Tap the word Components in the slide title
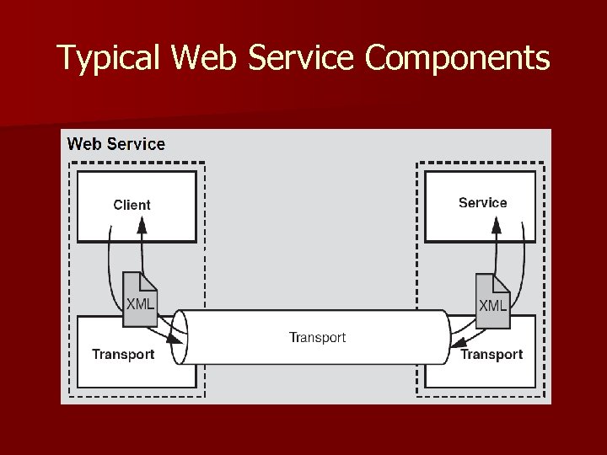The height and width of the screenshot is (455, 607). click(459, 58)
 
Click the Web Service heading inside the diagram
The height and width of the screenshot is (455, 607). click(116, 144)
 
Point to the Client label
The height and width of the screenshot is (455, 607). click(132, 205)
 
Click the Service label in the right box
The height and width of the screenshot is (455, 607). click(482, 203)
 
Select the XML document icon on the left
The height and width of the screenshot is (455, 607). click(140, 299)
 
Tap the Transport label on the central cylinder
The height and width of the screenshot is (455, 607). click(317, 338)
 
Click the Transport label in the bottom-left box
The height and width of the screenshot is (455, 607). click(123, 354)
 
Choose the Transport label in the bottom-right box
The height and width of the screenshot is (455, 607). click(492, 355)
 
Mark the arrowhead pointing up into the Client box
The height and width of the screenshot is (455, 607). click(142, 224)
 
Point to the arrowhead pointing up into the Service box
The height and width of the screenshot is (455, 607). click(497, 224)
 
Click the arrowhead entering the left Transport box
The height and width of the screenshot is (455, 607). click(174, 339)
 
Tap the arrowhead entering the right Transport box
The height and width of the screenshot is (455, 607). click(457, 342)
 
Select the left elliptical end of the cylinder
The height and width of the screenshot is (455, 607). click(179, 337)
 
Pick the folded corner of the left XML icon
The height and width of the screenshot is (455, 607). click(150, 281)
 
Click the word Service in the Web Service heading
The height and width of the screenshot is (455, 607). click(137, 144)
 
